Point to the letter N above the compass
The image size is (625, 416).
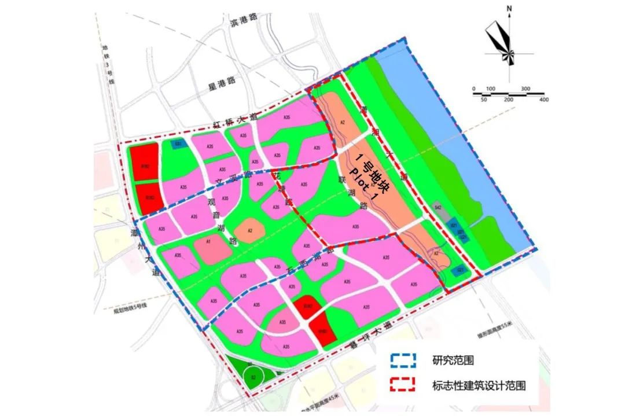coord(509,9)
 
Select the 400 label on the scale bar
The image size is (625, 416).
coord(543,100)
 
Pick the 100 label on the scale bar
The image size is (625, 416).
coord(491,89)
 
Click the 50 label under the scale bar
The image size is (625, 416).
coord(484,100)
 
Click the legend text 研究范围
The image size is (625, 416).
coord(453,360)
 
